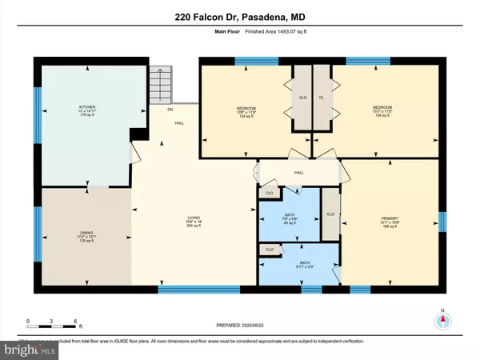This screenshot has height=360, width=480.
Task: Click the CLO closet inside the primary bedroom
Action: pyautogui.click(x=330, y=214)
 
